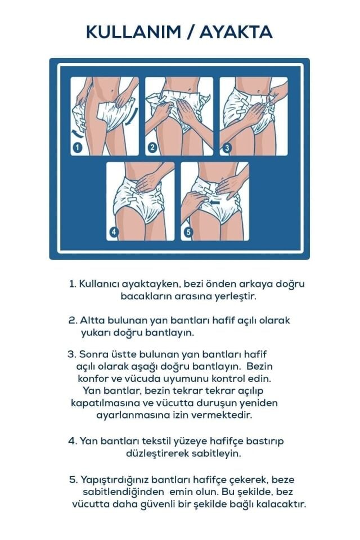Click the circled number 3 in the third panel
click(227, 148)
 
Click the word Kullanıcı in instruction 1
click(100, 283)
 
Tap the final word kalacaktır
click(281, 504)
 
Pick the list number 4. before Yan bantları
click(73, 440)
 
